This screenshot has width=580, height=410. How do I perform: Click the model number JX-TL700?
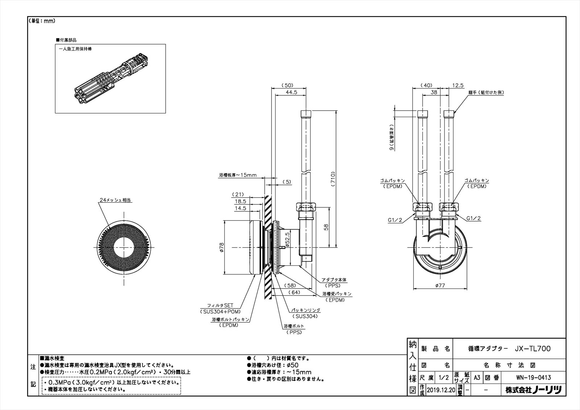click(x=533, y=349)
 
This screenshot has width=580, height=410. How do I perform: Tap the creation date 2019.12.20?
click(x=440, y=390)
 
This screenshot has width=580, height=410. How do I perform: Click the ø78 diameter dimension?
click(x=222, y=248)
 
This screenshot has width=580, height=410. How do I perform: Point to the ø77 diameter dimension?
click(x=440, y=286)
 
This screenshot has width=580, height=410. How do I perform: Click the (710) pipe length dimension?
click(x=333, y=178)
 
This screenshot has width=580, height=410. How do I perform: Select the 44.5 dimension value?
click(x=291, y=92)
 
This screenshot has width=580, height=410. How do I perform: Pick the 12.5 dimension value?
click(x=458, y=86)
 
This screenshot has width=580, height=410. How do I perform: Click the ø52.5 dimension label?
click(x=287, y=239)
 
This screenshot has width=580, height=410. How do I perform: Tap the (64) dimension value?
click(x=294, y=293)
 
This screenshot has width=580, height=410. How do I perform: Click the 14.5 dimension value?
click(x=240, y=208)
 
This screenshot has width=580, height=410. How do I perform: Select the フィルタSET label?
click(x=220, y=305)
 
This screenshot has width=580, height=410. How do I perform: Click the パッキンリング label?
click(x=306, y=310)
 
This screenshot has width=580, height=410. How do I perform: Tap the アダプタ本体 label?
click(x=334, y=280)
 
